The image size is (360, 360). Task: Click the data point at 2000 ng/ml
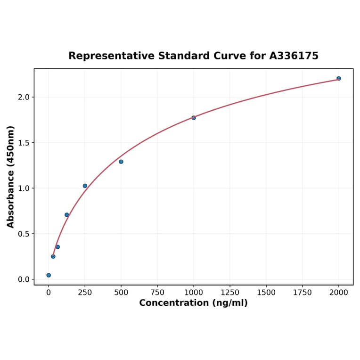(x=338, y=78)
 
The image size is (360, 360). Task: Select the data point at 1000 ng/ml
(x=194, y=117)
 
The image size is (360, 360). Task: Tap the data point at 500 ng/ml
(x=121, y=162)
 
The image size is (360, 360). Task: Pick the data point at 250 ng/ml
(x=85, y=186)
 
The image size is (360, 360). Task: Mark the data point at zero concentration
(x=49, y=275)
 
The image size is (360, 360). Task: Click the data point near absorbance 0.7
(x=67, y=215)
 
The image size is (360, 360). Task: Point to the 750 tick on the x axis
(x=157, y=293)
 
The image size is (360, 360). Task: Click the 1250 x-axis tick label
(x=230, y=293)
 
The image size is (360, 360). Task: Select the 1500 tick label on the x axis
(x=266, y=293)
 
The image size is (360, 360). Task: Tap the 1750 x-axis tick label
(x=303, y=293)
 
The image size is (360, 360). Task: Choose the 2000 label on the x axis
(x=339, y=293)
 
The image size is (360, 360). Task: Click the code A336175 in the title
(x=294, y=56)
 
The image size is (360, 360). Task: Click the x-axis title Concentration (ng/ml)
(x=193, y=303)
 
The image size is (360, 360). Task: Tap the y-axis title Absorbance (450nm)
(x=11, y=177)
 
